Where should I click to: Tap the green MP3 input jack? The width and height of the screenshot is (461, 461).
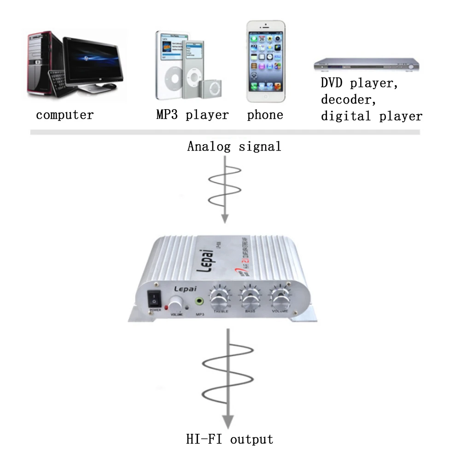coord(199,302)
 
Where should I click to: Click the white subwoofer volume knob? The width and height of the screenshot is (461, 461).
coord(175,305)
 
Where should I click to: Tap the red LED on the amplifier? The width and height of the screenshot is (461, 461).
coord(166,308)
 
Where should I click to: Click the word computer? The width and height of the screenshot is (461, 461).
coord(64,115)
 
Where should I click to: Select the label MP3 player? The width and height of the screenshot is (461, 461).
coord(192,115)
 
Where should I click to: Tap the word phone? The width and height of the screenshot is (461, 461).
coord(265,115)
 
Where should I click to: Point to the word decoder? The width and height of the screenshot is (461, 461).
coord(353,100)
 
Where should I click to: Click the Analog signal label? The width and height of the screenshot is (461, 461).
coord(234,146)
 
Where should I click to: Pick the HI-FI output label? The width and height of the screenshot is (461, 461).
coord(229,439)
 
